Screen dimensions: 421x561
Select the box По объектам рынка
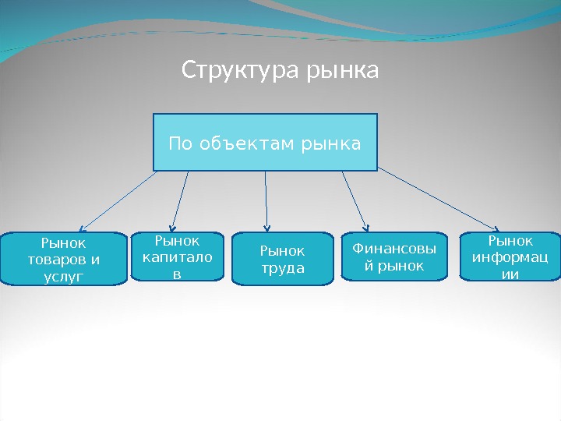pos(265,142)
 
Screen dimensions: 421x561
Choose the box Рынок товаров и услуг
pos(64,259)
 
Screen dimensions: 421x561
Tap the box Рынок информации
pos(510,256)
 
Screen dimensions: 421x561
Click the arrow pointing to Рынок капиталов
pos(181,200)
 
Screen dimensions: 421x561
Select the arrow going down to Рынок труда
pos(266,200)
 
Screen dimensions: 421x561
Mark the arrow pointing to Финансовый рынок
pos(355,200)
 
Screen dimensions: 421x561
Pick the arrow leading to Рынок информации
pos(440,200)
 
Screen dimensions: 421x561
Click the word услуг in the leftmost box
pos(64,275)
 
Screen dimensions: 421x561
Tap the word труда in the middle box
pos(283,269)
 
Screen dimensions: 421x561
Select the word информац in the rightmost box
pos(510,256)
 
